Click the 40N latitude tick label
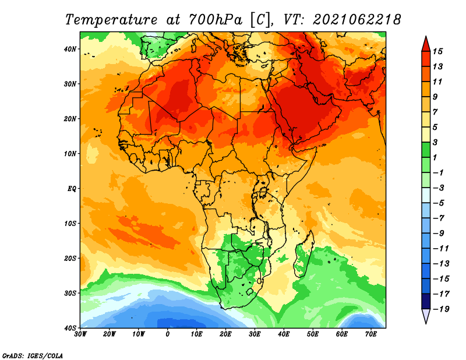pos(70,49)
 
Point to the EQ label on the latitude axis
pos(72,189)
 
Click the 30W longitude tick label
pos(80,334)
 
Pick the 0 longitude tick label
pos(168,334)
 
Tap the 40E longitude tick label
pos(284,334)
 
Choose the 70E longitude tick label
pos(371,334)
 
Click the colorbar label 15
pos(437,51)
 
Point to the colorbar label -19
pos(441,309)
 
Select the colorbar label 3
pos(435,142)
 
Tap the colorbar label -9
pos(439,233)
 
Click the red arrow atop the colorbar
pos(426,45)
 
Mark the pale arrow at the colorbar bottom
pos(426,316)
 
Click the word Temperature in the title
pos(111,20)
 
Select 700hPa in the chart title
pos(216,20)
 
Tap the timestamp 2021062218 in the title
pos(356,20)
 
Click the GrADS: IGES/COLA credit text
pos(33,355)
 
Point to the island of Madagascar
pos(303,254)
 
